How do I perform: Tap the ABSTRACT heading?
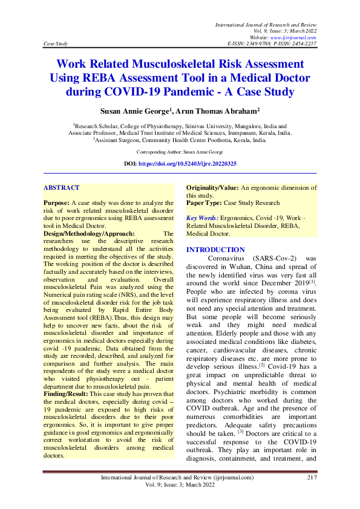(62, 188)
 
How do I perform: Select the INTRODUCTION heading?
(215, 250)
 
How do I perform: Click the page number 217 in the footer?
(312, 478)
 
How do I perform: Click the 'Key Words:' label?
(202, 218)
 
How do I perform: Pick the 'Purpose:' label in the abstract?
(56, 203)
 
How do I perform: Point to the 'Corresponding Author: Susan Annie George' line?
(180, 152)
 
